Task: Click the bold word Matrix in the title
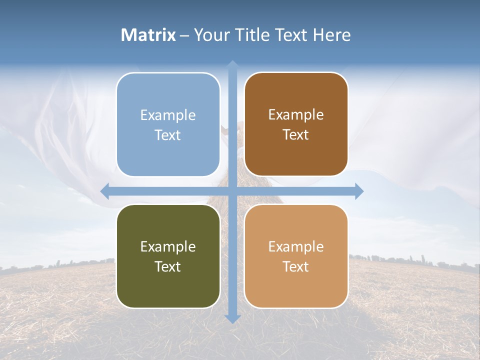tap(148, 35)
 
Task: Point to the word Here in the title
tap(331, 35)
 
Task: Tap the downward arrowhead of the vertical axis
tap(232, 318)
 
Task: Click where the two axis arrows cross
tap(232, 191)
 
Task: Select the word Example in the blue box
tap(168, 115)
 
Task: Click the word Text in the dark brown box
tap(296, 135)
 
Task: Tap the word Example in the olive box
tap(168, 246)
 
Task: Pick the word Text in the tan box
tap(296, 266)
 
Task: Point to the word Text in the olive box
tap(168, 266)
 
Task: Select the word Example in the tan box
tap(296, 246)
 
